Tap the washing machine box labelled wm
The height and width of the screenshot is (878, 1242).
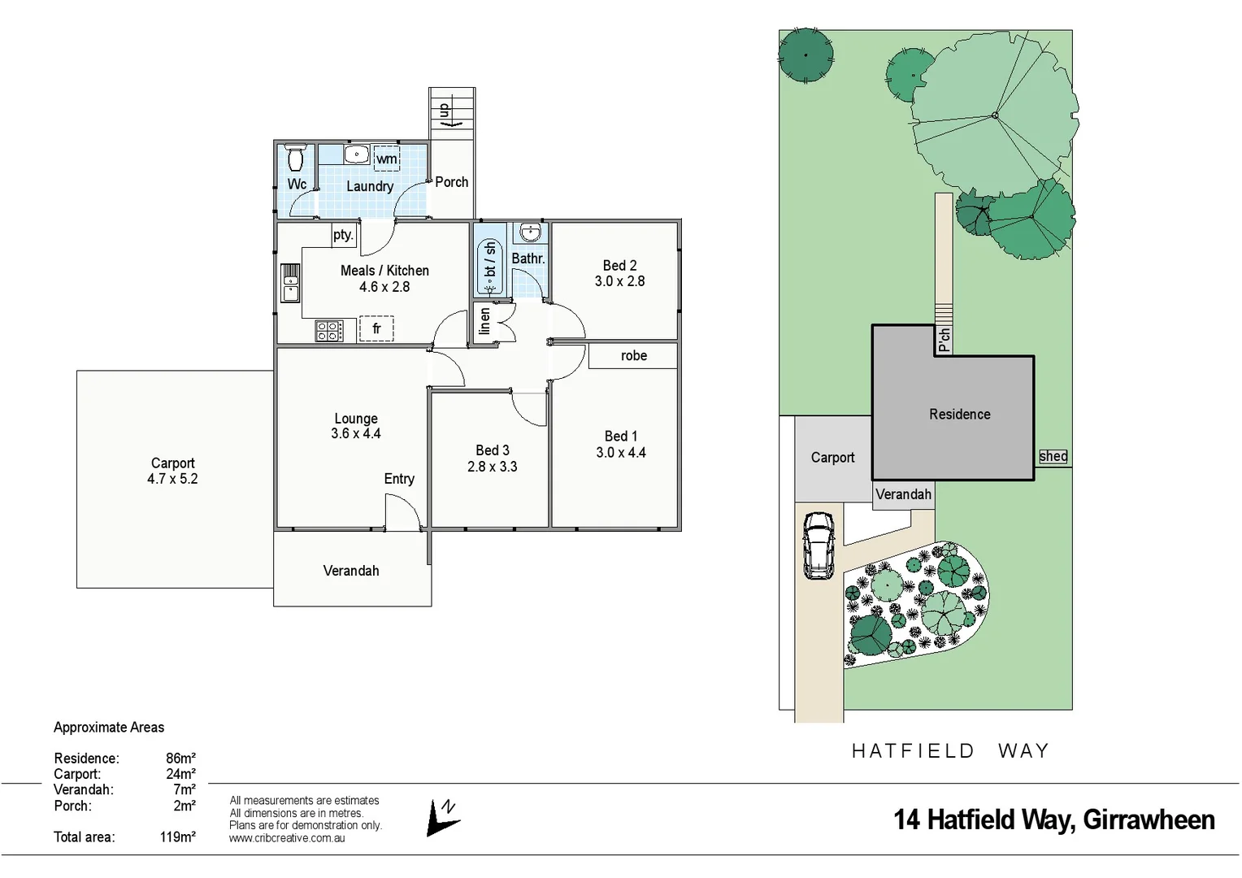pyautogui.click(x=387, y=159)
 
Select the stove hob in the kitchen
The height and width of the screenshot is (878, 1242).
pyautogui.click(x=329, y=331)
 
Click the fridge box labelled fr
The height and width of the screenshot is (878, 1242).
pyautogui.click(x=376, y=329)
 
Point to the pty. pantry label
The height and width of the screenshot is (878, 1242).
pyautogui.click(x=343, y=235)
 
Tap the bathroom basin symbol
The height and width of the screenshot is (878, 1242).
pyautogui.click(x=530, y=233)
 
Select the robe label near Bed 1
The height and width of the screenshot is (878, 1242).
pyautogui.click(x=634, y=356)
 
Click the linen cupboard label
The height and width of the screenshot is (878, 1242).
pyautogui.click(x=485, y=321)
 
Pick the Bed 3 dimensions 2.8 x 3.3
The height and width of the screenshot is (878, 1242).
pyautogui.click(x=492, y=467)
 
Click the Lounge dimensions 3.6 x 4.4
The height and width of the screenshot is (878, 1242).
pyautogui.click(x=355, y=434)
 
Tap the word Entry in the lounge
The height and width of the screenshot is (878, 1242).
pyautogui.click(x=399, y=479)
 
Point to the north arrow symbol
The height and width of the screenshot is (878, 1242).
pyautogui.click(x=443, y=817)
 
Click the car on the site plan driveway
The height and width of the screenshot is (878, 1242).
pyautogui.click(x=819, y=545)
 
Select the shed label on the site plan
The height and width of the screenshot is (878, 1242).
pyautogui.click(x=1053, y=457)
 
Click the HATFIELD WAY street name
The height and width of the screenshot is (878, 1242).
pyautogui.click(x=950, y=751)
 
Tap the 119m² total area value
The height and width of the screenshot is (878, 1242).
pyautogui.click(x=177, y=837)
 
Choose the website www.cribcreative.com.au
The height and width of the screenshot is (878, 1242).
pyautogui.click(x=287, y=838)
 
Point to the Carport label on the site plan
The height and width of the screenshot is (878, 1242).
pyautogui.click(x=832, y=458)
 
